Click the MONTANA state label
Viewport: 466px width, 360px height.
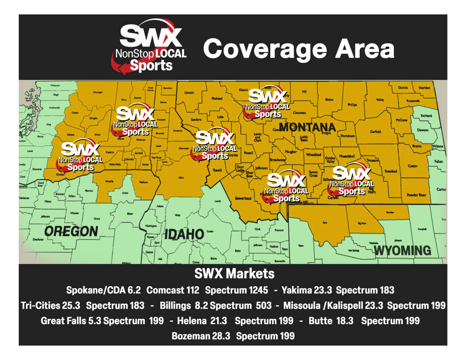(x=306, y=127)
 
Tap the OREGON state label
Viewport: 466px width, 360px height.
(x=71, y=231)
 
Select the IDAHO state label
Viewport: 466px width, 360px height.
(x=184, y=234)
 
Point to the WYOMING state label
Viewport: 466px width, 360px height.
(x=403, y=250)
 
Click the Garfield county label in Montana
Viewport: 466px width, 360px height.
(x=376, y=132)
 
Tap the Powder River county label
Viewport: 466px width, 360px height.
(x=416, y=195)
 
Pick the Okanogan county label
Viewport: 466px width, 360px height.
(x=97, y=92)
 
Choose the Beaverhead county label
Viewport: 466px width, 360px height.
(x=243, y=198)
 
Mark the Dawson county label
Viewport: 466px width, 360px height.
(x=423, y=130)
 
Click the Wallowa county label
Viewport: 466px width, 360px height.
(x=143, y=182)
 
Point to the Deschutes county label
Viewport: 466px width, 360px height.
(x=38, y=239)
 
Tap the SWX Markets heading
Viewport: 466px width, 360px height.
(x=234, y=274)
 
